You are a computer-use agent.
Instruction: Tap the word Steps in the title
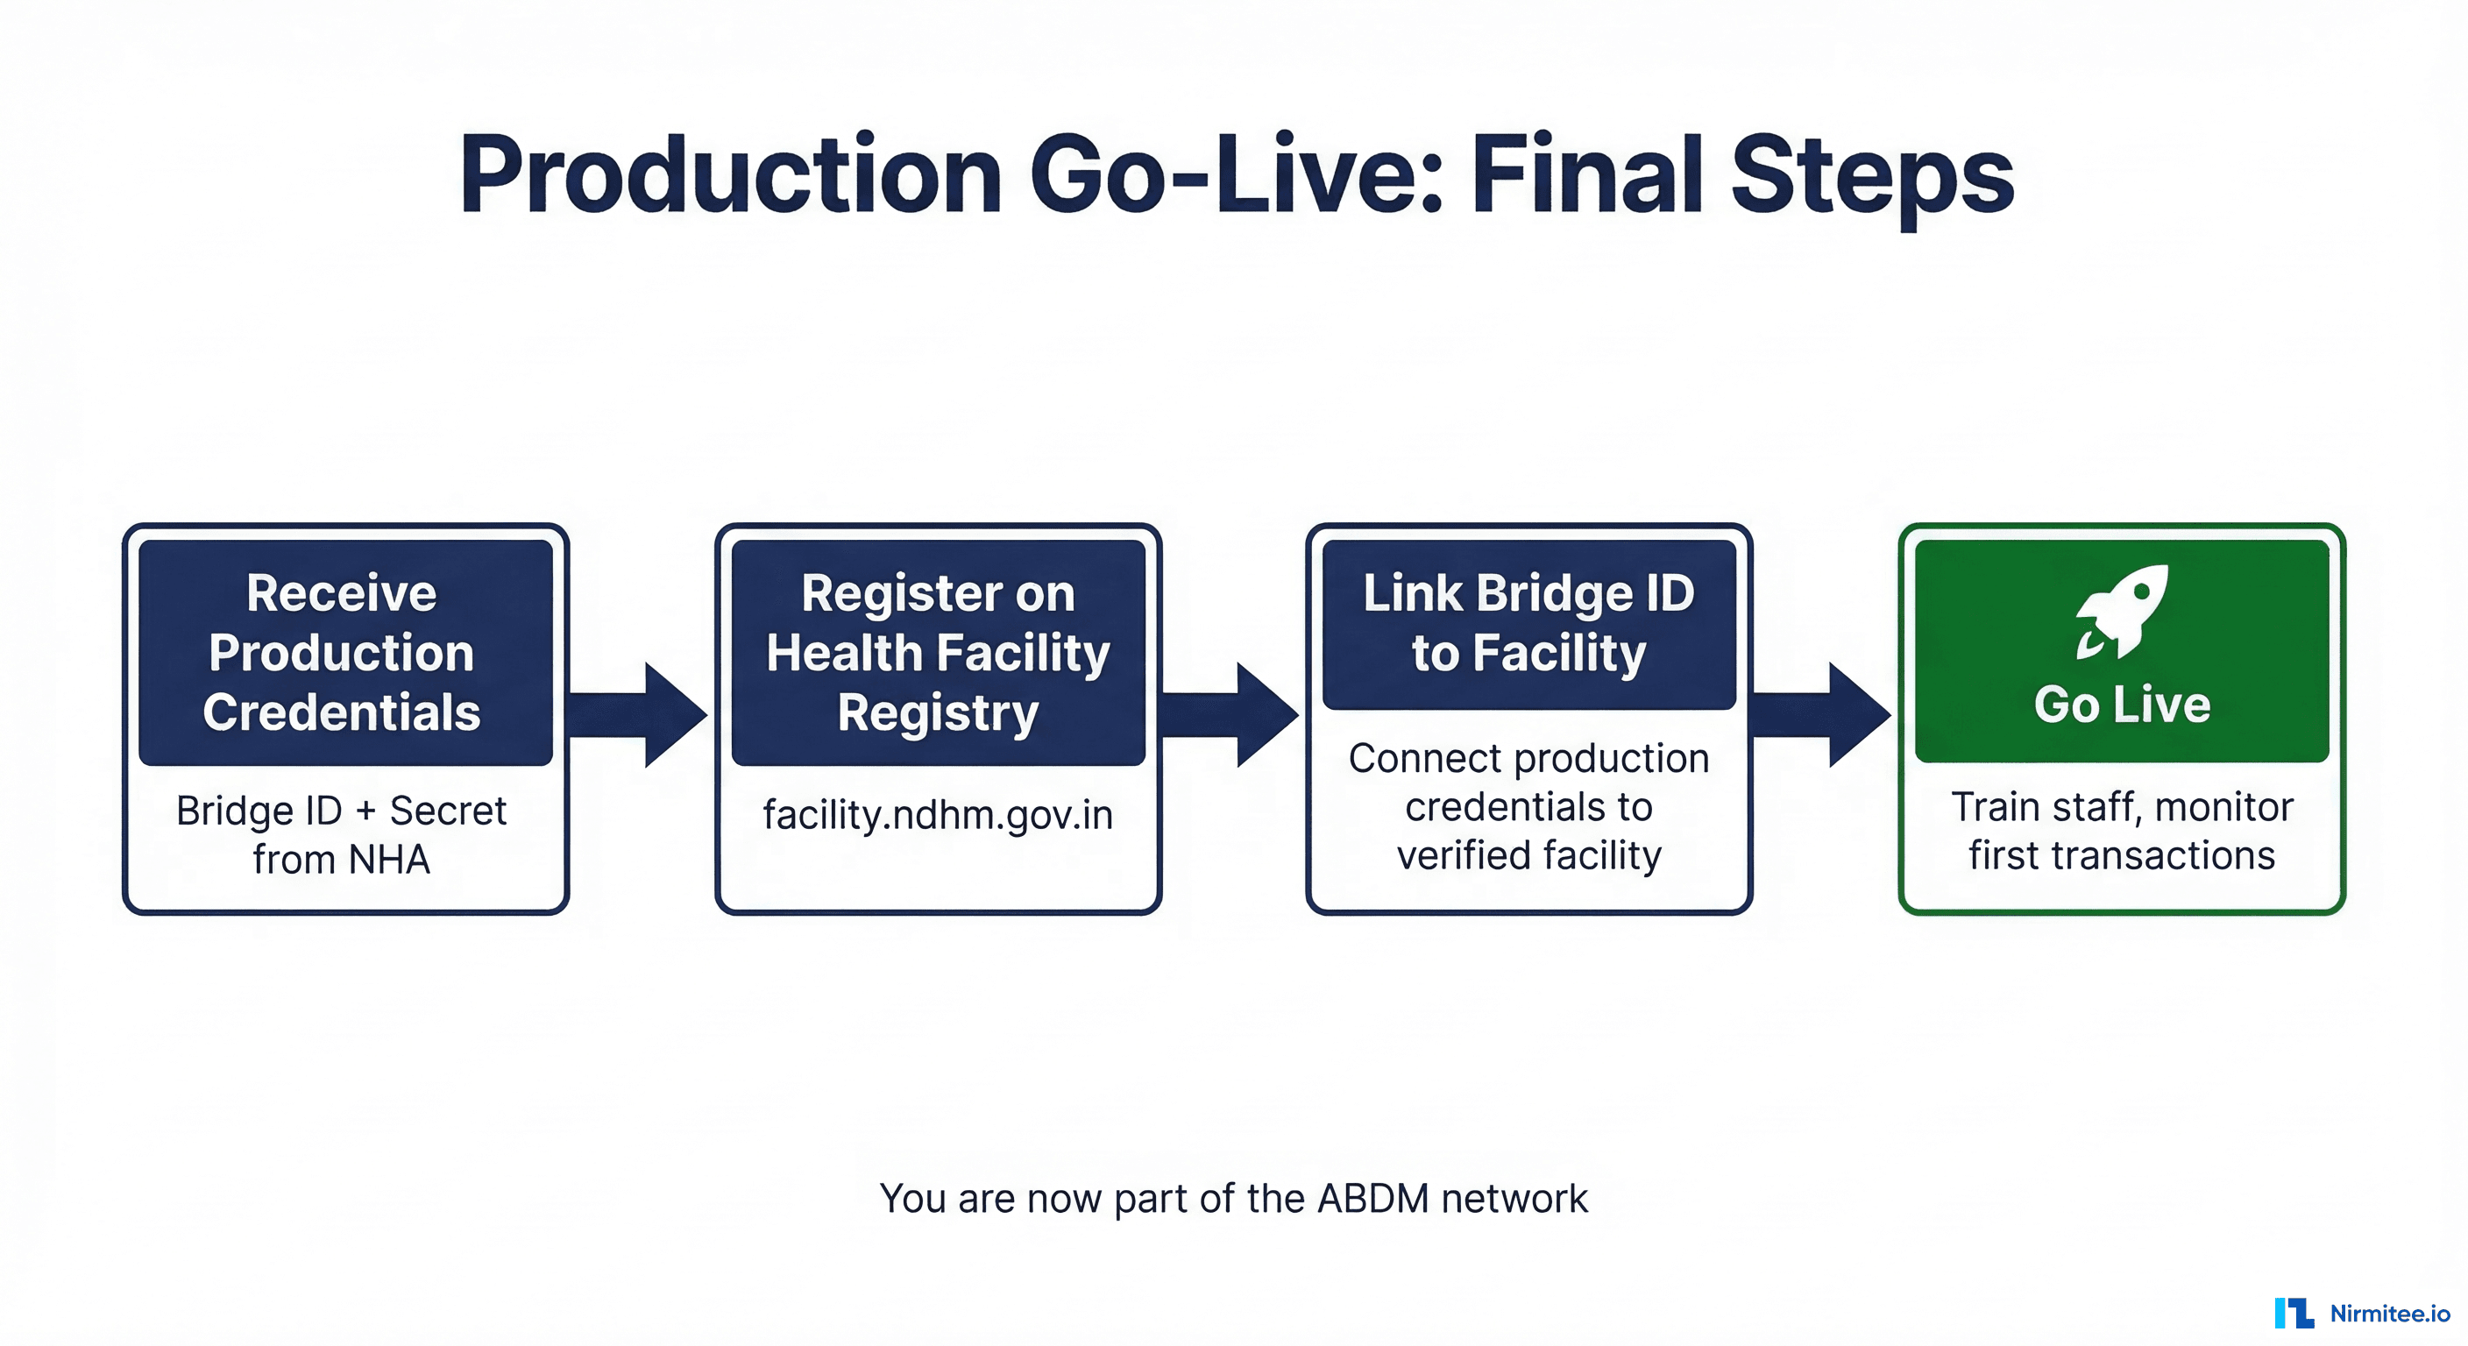tap(1872, 175)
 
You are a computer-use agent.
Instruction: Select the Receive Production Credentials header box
tap(345, 651)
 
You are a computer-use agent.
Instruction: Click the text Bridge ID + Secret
tap(341, 811)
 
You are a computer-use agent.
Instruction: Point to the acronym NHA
tap(389, 860)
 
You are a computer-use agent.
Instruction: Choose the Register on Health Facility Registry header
tap(938, 651)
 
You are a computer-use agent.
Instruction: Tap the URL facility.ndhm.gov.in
tap(938, 815)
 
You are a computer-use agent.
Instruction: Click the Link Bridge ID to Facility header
tap(1529, 624)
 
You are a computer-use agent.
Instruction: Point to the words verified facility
tap(1529, 854)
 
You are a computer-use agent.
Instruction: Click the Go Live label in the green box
tap(2122, 705)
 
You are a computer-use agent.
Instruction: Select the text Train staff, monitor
tap(2122, 807)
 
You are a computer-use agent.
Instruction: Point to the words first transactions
tap(2122, 854)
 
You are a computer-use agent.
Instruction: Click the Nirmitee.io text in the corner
tap(2389, 1314)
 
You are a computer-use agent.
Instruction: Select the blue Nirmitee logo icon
tap(2294, 1313)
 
